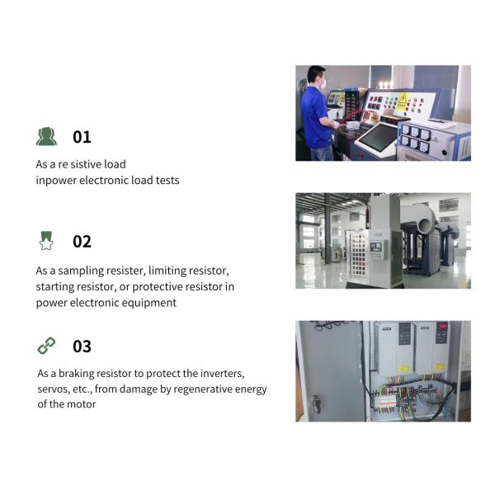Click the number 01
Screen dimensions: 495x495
82,137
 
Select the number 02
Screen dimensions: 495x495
82,242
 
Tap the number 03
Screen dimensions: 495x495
82,346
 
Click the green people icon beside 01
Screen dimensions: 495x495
46,136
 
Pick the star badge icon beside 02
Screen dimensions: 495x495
46,241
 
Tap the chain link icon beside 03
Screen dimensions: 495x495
46,346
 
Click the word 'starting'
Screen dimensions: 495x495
54,287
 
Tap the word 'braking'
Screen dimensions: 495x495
76,374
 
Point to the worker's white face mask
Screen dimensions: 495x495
323,83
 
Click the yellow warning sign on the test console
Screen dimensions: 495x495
403,101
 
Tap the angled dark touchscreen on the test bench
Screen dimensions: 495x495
378,136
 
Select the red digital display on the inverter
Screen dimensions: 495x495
442,326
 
